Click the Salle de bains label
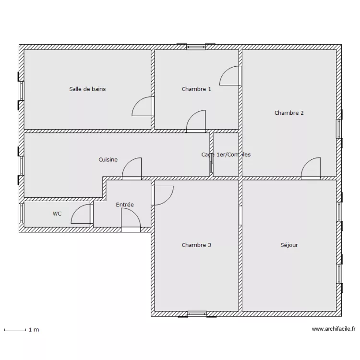click(x=87, y=89)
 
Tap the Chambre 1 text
click(x=196, y=89)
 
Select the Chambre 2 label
click(x=289, y=113)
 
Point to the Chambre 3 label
click(x=196, y=245)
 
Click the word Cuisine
click(x=108, y=160)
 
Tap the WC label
click(x=57, y=214)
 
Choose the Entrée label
click(x=125, y=205)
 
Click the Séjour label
click(x=289, y=245)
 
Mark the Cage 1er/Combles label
click(x=226, y=155)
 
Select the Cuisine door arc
click(x=132, y=169)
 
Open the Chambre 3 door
click(x=162, y=195)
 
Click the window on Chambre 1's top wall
click(x=195, y=47)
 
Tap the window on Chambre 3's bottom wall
click(x=196, y=314)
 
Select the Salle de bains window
click(x=21, y=90)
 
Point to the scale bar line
click(x=14, y=330)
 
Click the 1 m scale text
click(x=34, y=330)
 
